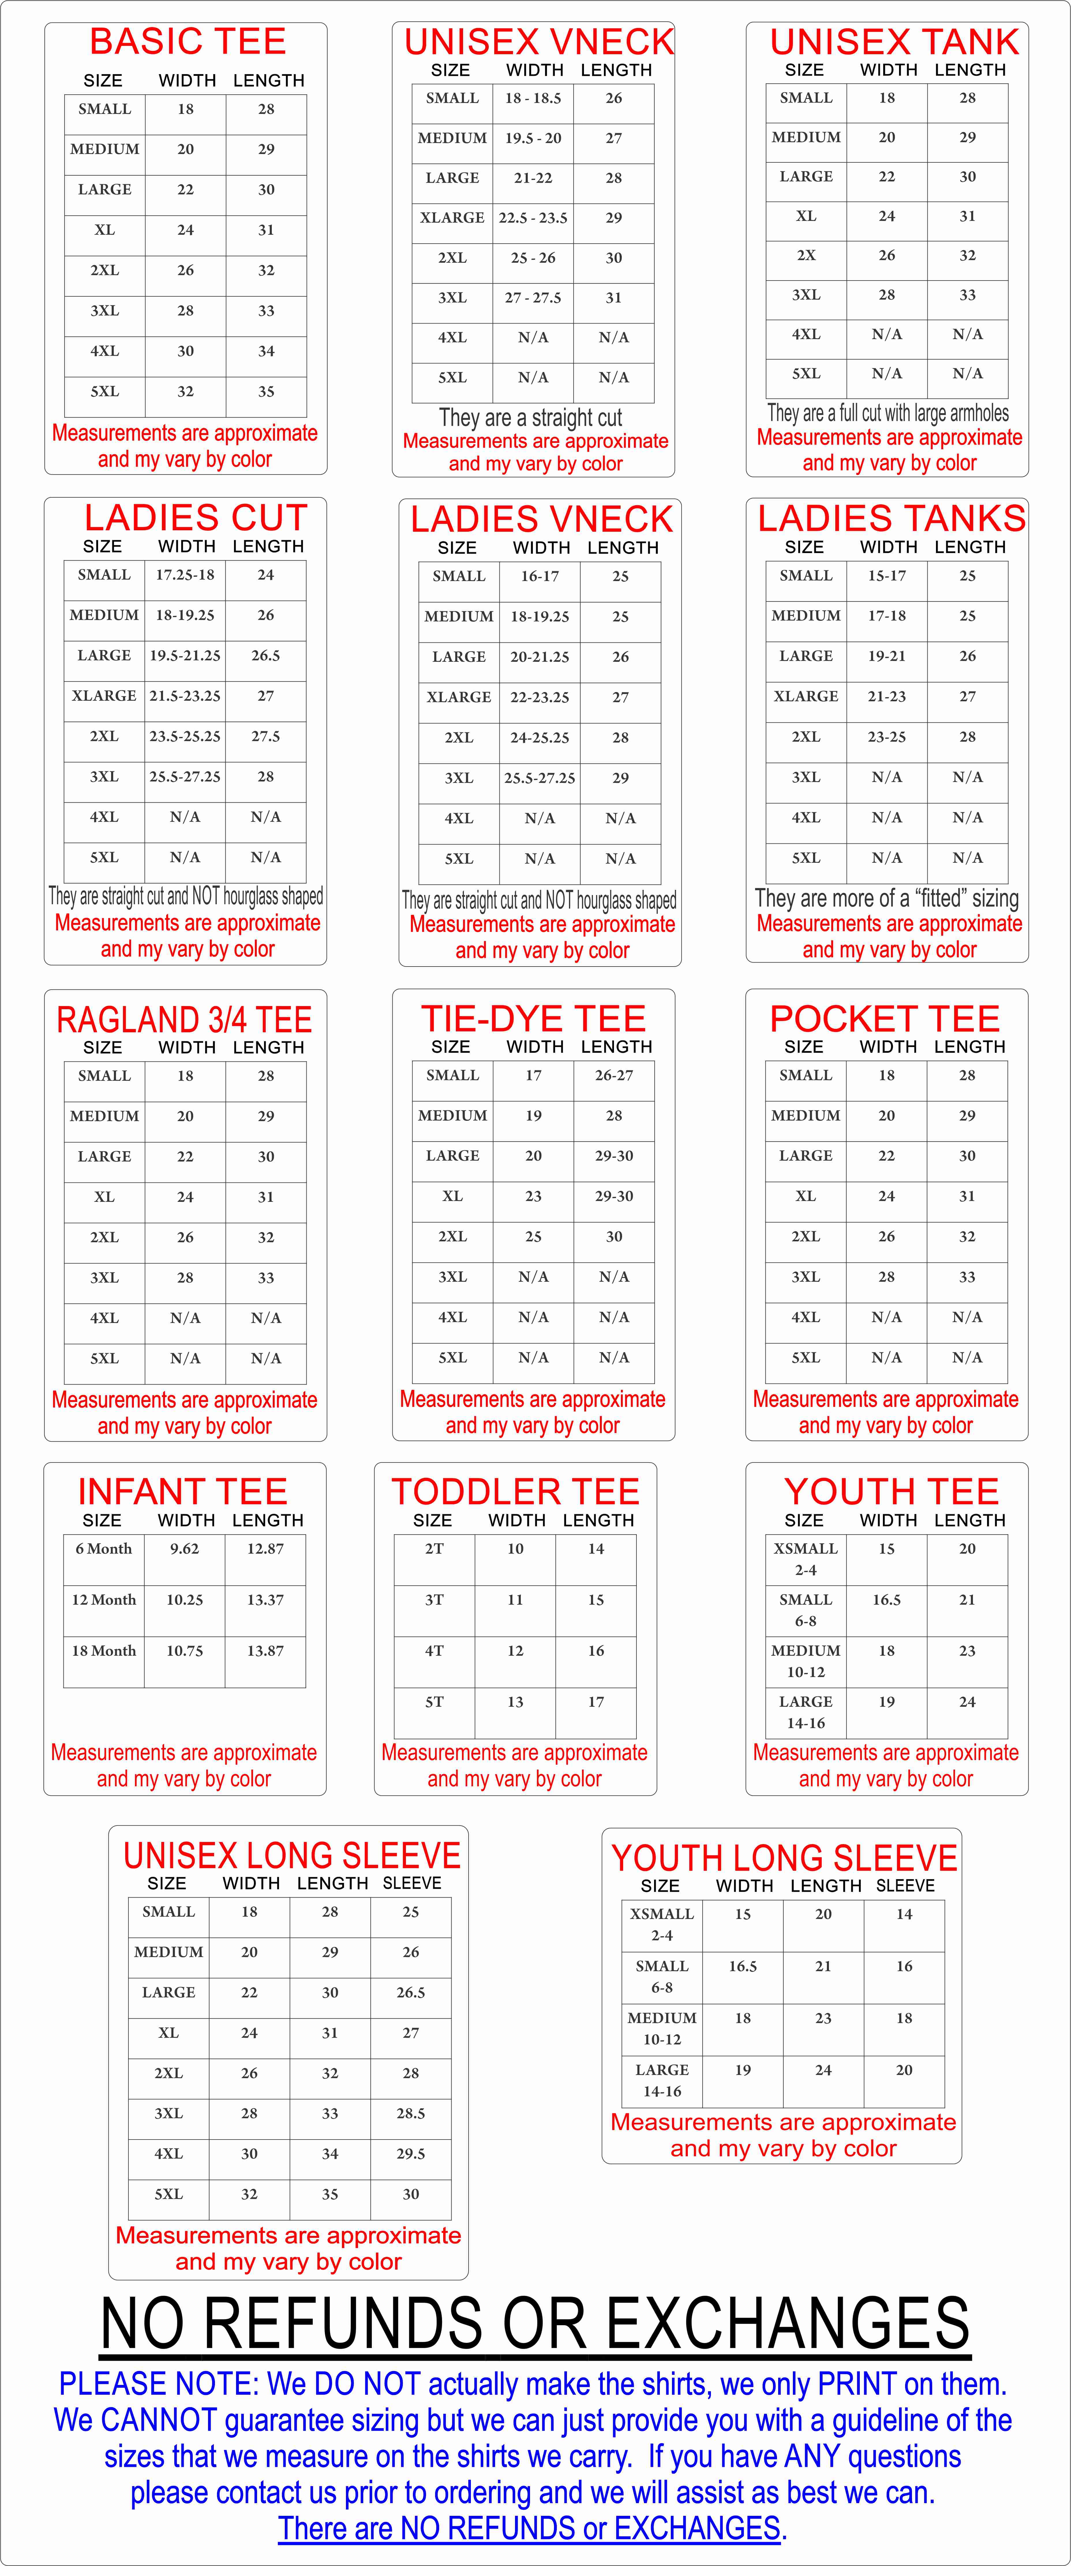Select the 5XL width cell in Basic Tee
(185, 392)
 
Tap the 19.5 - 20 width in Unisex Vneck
(533, 138)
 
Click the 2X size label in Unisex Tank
(806, 255)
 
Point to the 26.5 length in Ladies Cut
(265, 655)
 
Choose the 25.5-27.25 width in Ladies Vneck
(539, 778)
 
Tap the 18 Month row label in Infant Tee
(104, 1650)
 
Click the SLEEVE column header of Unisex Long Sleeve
(411, 1883)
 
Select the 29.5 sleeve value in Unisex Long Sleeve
(411, 2154)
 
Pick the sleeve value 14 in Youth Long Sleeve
(904, 1913)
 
